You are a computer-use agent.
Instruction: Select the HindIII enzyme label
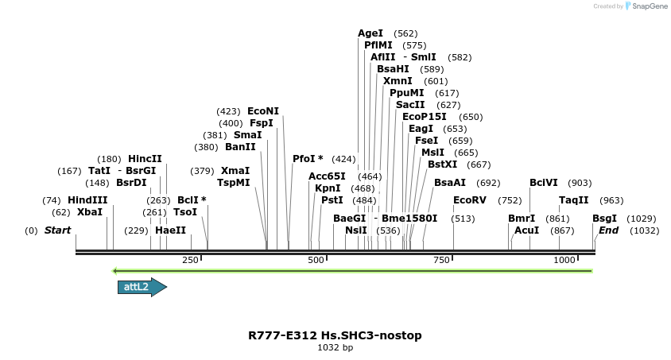(x=87, y=200)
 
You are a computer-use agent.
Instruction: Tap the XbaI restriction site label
(x=90, y=212)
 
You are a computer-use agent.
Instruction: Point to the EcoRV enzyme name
(x=469, y=200)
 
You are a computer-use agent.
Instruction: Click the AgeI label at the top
(x=370, y=33)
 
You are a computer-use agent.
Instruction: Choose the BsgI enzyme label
(x=604, y=218)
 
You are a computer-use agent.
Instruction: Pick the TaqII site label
(x=573, y=200)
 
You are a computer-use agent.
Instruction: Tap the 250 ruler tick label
(x=191, y=260)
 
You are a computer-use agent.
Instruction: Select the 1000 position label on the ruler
(x=564, y=260)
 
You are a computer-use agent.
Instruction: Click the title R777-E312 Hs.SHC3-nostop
(x=335, y=335)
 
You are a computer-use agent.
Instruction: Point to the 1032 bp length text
(x=335, y=348)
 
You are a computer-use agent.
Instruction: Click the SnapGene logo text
(x=650, y=6)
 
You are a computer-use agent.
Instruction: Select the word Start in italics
(x=57, y=230)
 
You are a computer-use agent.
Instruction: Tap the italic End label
(x=608, y=230)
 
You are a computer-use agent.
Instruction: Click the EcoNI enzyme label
(x=263, y=111)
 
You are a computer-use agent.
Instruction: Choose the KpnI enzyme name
(x=328, y=188)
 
